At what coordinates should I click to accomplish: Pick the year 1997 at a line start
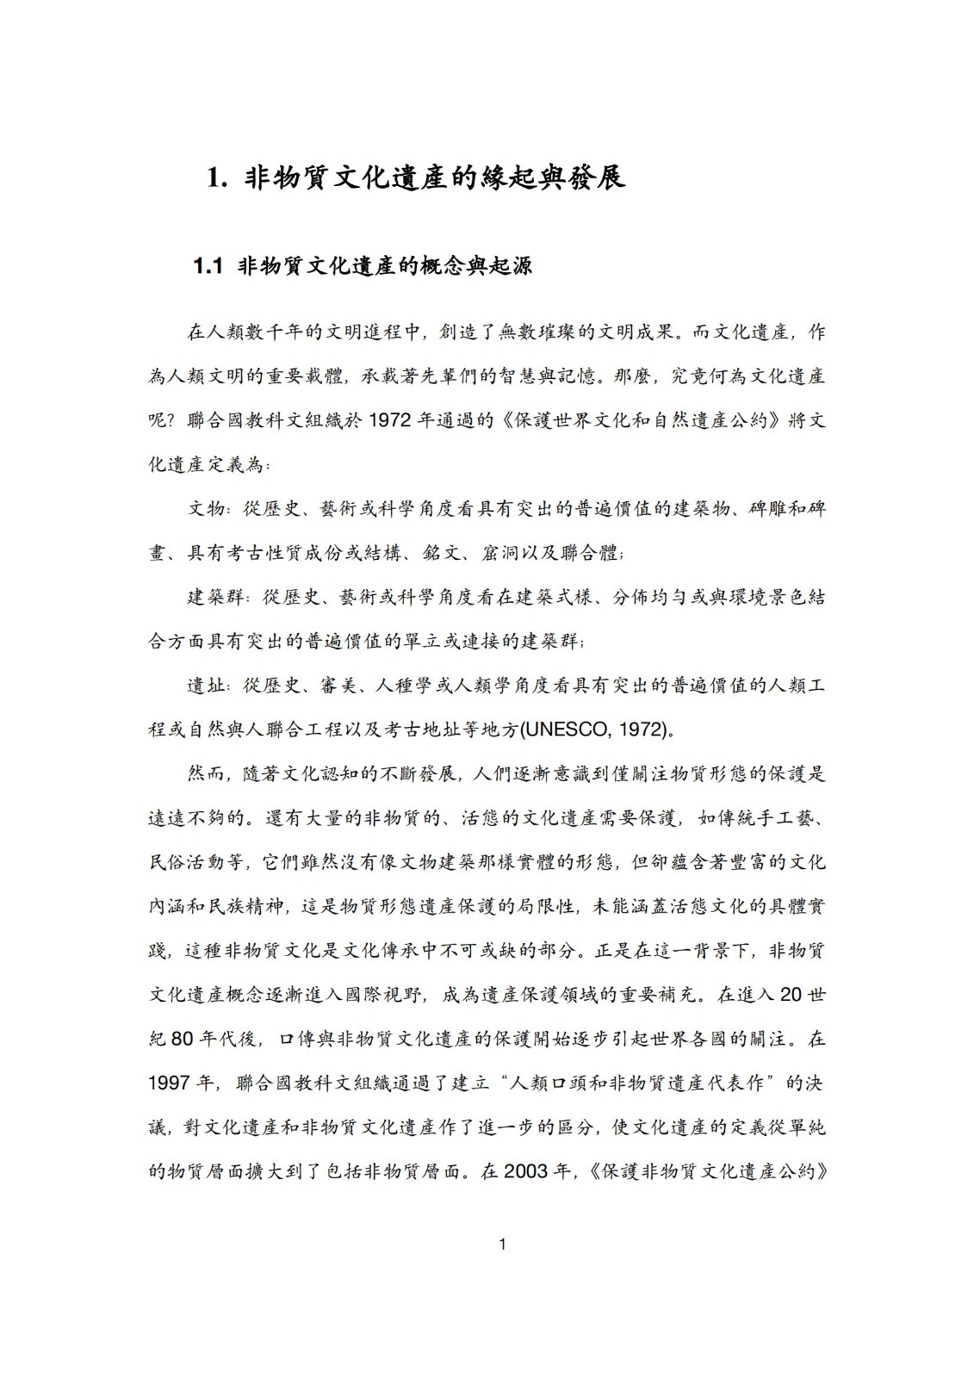pyautogui.click(x=171, y=1083)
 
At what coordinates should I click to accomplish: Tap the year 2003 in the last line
pyautogui.click(x=526, y=1171)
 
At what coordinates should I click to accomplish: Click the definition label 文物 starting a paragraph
pyautogui.click(x=207, y=509)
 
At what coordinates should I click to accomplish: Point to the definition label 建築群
pyautogui.click(x=216, y=598)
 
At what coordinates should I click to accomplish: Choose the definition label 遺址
pyautogui.click(x=207, y=686)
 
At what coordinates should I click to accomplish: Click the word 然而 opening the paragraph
pyautogui.click(x=207, y=774)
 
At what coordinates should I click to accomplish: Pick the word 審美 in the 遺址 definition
pyautogui.click(x=337, y=686)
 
